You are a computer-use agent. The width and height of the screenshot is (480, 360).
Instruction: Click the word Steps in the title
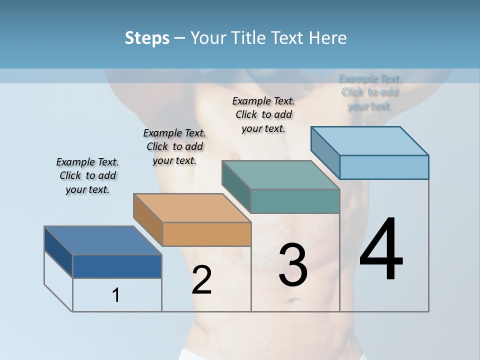[x=147, y=38]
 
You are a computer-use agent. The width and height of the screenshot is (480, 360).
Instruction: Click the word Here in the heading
[x=328, y=38]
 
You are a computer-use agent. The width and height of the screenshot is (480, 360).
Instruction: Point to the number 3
[x=292, y=265]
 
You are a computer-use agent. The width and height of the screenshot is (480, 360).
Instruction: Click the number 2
[x=201, y=280]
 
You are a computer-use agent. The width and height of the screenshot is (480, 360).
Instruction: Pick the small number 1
[x=116, y=295]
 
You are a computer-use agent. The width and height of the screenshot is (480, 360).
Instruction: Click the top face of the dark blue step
[x=102, y=240]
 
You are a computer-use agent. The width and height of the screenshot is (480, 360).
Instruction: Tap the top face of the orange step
[x=192, y=208]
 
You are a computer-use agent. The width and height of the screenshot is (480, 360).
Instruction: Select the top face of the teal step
[x=281, y=175]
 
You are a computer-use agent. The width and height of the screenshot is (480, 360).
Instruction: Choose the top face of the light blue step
[x=370, y=141]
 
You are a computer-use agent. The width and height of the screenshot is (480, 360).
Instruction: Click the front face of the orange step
[x=207, y=234]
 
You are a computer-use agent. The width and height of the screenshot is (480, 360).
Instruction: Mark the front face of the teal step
[x=295, y=201]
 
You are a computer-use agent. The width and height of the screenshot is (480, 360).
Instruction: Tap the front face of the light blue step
[x=384, y=167]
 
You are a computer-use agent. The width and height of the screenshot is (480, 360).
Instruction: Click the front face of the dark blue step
[x=117, y=266]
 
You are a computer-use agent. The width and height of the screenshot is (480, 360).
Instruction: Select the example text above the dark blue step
[x=87, y=175]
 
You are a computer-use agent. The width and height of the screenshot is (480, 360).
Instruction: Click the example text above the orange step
[x=174, y=146]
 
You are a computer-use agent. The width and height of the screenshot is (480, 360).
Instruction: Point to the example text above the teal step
[x=263, y=114]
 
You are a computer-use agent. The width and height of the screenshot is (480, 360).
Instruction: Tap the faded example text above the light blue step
[x=370, y=92]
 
